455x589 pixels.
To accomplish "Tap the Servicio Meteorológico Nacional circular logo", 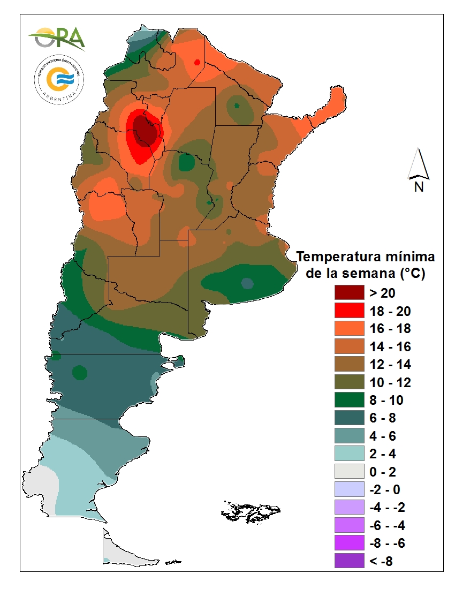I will (58, 79).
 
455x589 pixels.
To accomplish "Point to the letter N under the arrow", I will (419, 187).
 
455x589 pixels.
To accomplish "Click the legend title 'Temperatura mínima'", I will (366, 256).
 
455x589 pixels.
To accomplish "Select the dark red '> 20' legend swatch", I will (348, 292).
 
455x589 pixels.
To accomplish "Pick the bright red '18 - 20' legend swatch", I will (348, 311).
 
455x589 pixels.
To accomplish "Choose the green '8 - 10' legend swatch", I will (348, 400).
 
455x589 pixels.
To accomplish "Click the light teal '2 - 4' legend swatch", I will (348, 454).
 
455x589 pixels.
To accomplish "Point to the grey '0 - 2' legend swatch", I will (348, 472).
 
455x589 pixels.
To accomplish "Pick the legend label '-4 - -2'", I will (388, 507).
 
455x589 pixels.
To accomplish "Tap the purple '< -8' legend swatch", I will (348, 561).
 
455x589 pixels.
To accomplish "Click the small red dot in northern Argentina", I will (198, 62).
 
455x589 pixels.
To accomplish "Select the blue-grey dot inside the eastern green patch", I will (247, 283).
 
